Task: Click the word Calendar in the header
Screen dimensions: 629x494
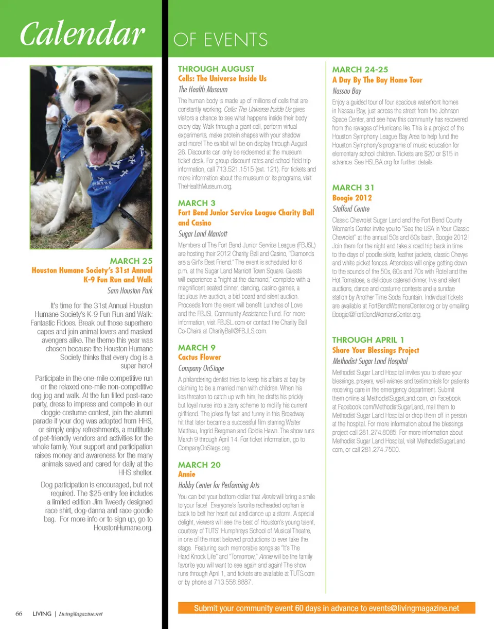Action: point(81,35)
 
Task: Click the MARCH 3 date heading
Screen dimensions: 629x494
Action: point(193,203)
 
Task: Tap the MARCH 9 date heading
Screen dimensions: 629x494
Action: point(193,348)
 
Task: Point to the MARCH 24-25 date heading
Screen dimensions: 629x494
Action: point(360,70)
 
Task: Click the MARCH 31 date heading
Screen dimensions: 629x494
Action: point(353,188)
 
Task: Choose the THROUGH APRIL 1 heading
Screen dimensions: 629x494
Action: point(368,340)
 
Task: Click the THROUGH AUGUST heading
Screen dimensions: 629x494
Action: point(216,69)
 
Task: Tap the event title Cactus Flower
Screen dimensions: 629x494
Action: point(199,358)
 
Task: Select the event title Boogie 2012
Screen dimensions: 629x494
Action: point(352,198)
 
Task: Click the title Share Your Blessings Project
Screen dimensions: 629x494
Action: point(376,350)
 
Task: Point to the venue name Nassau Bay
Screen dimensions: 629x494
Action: point(347,91)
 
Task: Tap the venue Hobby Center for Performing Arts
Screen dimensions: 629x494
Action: point(219,485)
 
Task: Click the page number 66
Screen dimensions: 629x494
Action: point(19,614)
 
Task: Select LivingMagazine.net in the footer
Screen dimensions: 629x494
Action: point(81,614)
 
